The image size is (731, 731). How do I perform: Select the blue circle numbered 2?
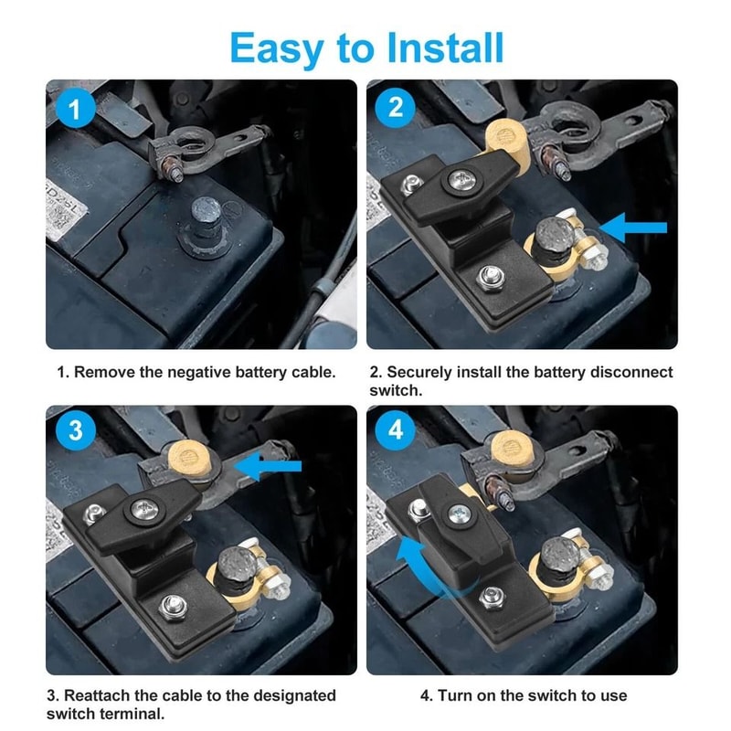(396, 108)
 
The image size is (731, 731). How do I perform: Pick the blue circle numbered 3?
(76, 430)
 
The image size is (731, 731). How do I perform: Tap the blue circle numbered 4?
(396, 430)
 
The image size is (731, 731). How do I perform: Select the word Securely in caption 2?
(419, 373)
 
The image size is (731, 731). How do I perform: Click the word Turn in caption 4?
(456, 695)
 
